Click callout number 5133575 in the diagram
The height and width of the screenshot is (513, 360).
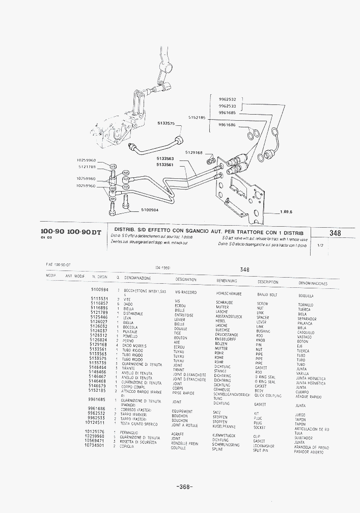pyautogui.click(x=166, y=123)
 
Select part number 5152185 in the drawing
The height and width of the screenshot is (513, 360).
pyautogui.click(x=197, y=117)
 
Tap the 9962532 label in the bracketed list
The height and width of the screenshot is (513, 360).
pyautogui.click(x=227, y=99)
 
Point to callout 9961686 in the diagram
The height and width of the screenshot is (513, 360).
pyautogui.click(x=227, y=125)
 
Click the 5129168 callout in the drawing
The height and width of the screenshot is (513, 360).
pyautogui.click(x=194, y=152)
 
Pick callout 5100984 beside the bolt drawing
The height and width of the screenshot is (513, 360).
pyautogui.click(x=150, y=210)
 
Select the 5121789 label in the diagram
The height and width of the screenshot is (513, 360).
pyautogui.click(x=87, y=167)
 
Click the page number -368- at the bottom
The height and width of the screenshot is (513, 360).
pyautogui.click(x=184, y=487)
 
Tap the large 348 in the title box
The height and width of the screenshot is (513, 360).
pyautogui.click(x=335, y=233)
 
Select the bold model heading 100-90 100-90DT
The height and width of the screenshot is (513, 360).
pyautogui.click(x=71, y=232)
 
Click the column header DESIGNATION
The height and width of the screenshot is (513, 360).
pyautogui.click(x=186, y=279)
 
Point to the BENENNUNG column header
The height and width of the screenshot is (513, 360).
pyautogui.click(x=227, y=280)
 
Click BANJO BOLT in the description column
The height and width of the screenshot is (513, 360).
pyautogui.click(x=267, y=294)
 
